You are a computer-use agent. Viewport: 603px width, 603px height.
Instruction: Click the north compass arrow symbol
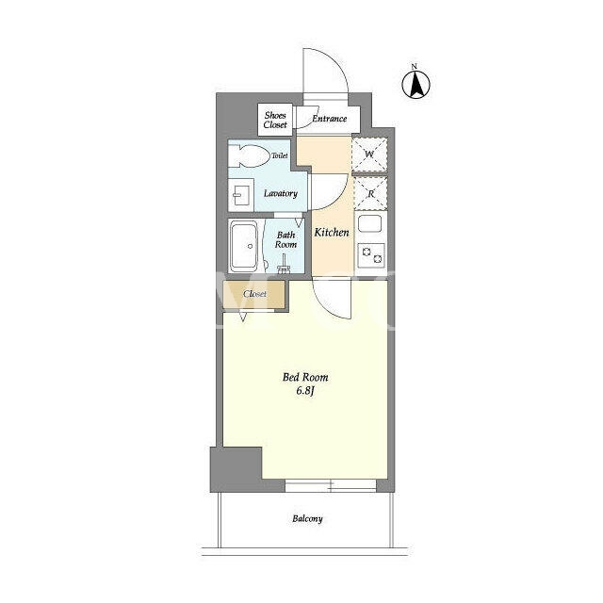click(416, 84)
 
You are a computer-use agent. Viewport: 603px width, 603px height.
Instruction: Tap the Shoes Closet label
click(275, 120)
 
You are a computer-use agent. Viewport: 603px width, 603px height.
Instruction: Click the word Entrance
click(329, 119)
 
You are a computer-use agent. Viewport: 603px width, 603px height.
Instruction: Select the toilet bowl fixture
click(249, 156)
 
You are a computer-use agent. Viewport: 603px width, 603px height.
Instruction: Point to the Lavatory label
click(281, 193)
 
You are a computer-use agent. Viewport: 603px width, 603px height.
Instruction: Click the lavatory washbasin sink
click(241, 195)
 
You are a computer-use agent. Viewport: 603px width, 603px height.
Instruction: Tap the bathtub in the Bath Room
click(243, 247)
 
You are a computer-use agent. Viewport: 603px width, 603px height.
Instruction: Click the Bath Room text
click(285, 239)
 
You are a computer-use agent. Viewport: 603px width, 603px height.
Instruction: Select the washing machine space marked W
click(369, 155)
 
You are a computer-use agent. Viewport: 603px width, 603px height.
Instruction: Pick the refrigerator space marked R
click(370, 193)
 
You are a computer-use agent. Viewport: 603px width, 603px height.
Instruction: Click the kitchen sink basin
click(370, 223)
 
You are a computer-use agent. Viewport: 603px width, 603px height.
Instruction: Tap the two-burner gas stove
click(371, 255)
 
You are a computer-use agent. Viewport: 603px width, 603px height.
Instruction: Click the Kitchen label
click(332, 233)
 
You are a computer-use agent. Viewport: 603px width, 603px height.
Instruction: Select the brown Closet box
click(254, 294)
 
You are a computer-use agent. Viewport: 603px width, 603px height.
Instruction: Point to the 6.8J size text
click(305, 391)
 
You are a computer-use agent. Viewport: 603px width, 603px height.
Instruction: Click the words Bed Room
click(305, 377)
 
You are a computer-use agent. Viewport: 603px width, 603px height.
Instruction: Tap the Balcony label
click(307, 519)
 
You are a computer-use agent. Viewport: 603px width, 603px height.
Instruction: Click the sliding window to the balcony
click(331, 485)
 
